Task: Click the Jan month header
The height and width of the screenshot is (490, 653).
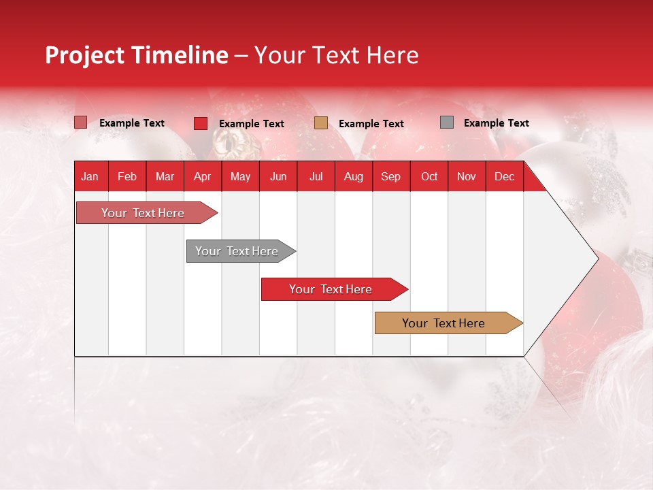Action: (90, 176)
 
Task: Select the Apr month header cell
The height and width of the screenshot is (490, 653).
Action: (202, 176)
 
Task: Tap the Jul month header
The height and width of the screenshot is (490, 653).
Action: (316, 176)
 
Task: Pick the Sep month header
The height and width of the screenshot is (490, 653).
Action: (390, 176)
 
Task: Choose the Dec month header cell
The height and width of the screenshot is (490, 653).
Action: (504, 176)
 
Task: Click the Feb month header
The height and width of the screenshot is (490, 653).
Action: (127, 176)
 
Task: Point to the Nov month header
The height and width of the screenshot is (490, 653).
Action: (467, 176)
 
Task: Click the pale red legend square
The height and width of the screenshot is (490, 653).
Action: (80, 122)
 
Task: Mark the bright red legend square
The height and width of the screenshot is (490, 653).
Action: (201, 123)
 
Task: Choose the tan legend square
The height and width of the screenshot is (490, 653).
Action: (321, 123)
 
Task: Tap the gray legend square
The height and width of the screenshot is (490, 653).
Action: (447, 122)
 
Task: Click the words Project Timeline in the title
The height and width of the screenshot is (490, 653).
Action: (137, 55)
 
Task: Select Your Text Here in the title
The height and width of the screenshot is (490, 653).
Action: (336, 55)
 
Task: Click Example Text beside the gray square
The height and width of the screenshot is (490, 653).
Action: (496, 123)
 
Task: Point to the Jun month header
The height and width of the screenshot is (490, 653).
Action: (278, 176)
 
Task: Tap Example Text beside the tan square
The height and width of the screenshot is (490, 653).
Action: (371, 124)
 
